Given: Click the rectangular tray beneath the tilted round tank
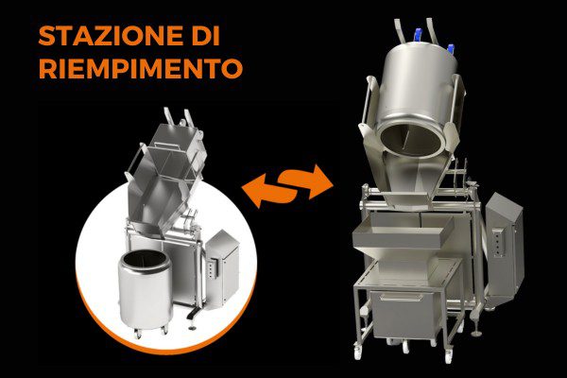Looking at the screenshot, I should (x=401, y=236).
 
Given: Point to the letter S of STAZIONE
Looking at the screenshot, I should (x=44, y=37).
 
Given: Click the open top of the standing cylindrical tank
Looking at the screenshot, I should (x=143, y=258).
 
